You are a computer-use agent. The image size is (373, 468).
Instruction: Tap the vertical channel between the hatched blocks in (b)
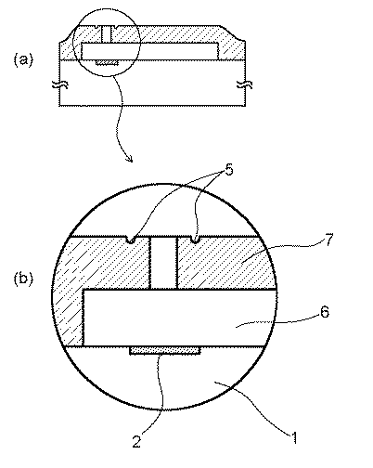coord(161,262)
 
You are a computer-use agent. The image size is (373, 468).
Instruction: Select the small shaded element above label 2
coord(165,352)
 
